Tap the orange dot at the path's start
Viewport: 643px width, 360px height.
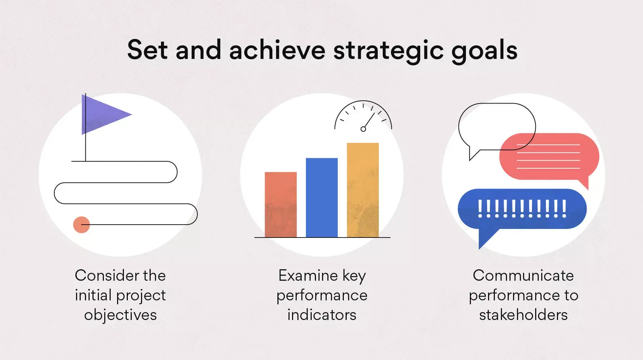coord(81,225)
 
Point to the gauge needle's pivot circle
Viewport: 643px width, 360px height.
coord(363,129)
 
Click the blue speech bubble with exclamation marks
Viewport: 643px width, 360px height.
coord(522,209)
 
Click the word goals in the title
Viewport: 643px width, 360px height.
coord(484,50)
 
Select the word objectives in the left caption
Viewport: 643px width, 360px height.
coord(120,315)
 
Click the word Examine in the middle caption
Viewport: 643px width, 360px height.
coord(308,275)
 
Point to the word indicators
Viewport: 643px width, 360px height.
coord(322,315)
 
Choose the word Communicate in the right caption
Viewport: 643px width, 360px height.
coord(523,275)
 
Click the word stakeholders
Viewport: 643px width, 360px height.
coord(523,315)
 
